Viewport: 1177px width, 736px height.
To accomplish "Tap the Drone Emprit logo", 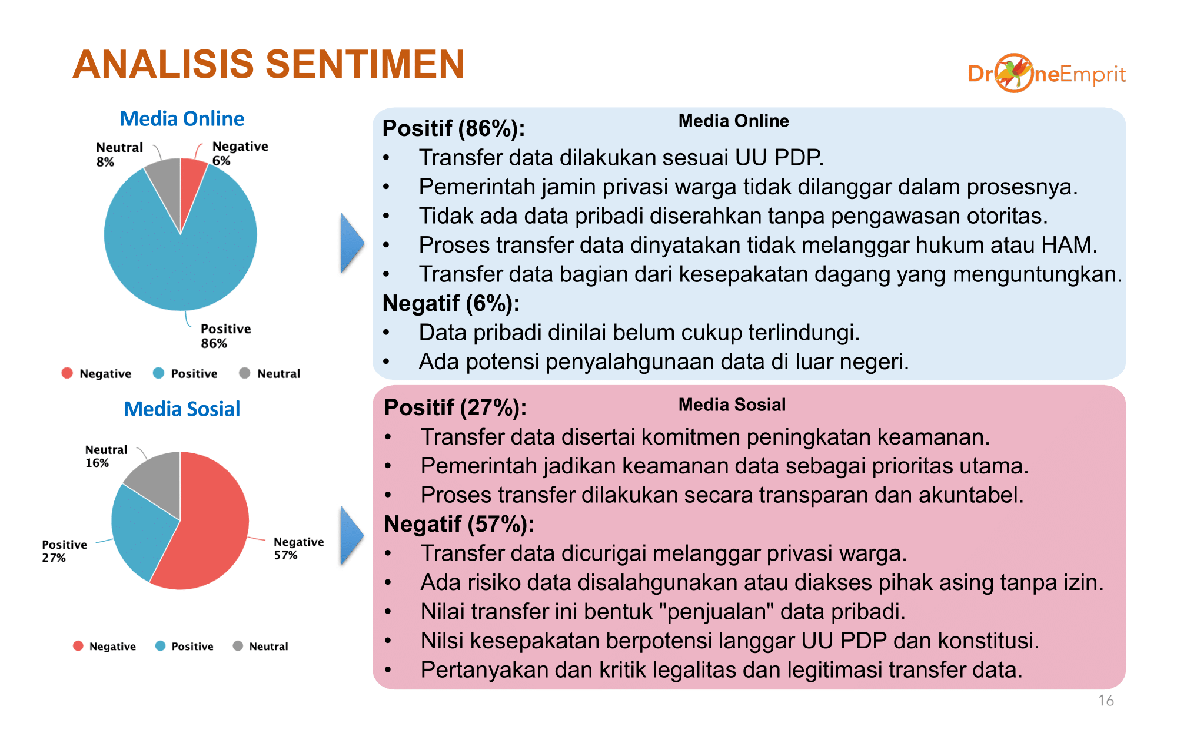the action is [x=1046, y=73].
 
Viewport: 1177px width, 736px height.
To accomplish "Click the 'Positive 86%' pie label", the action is [x=226, y=336].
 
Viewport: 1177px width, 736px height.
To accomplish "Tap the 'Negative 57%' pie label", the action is [x=299, y=548].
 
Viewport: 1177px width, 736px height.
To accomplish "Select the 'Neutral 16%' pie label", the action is [x=106, y=456].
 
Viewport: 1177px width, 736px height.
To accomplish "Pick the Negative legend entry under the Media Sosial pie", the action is [x=104, y=646].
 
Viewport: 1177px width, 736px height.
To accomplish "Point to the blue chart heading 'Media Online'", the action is [x=182, y=119].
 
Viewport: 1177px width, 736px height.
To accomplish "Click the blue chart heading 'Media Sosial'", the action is [x=182, y=409].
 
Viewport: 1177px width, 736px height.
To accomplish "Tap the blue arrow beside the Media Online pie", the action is [x=353, y=243].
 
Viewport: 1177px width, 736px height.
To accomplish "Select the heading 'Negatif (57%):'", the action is [x=459, y=523].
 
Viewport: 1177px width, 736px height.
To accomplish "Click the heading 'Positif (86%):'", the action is [x=454, y=128].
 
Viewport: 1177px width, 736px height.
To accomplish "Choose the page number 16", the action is [x=1106, y=700].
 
